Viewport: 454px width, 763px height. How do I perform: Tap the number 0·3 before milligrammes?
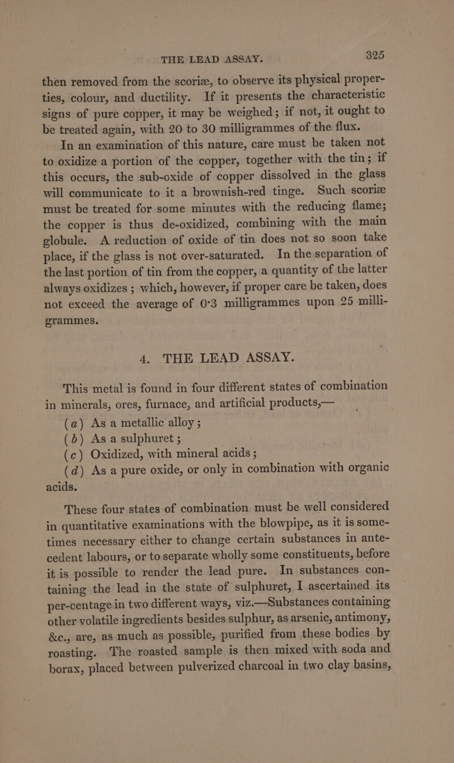coord(201,309)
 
